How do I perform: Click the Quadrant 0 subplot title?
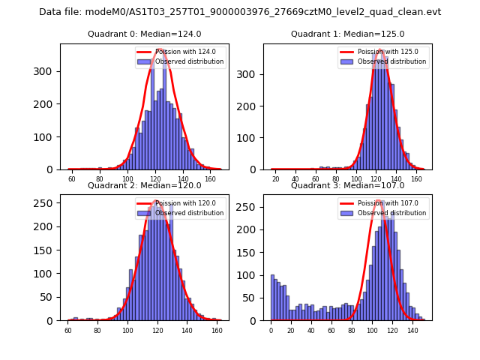pyautogui.click(x=144, y=34)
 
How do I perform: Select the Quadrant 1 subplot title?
pyautogui.click(x=347, y=34)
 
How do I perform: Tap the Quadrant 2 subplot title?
pyautogui.click(x=144, y=185)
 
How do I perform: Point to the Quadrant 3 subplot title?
pyautogui.click(x=347, y=185)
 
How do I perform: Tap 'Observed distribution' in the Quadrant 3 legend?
pyautogui.click(x=391, y=213)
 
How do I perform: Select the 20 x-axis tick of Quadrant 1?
pyautogui.click(x=276, y=180)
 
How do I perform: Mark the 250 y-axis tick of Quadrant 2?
pyautogui.click(x=44, y=202)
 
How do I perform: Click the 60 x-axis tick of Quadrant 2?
pyautogui.click(x=68, y=331)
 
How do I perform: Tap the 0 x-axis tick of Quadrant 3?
pyautogui.click(x=271, y=331)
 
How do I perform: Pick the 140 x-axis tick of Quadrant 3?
pyautogui.click(x=412, y=331)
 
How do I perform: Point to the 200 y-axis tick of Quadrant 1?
pyautogui.click(x=248, y=105)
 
